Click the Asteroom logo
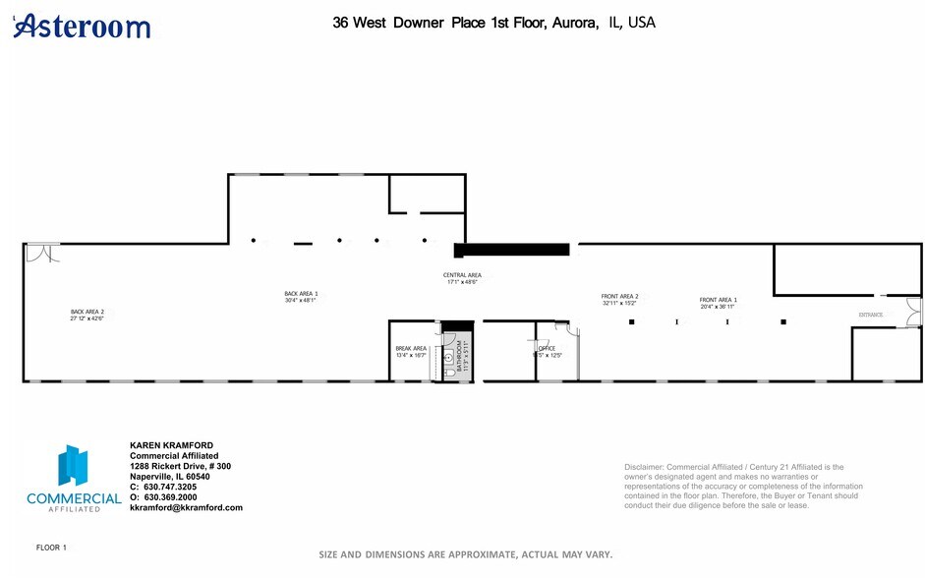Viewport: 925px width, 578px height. [83, 26]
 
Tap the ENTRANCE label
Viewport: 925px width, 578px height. [871, 316]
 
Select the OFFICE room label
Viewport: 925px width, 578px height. [548, 348]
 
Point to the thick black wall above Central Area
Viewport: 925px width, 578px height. [511, 250]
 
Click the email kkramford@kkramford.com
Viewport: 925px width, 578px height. [186, 507]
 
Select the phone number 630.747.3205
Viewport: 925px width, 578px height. [169, 487]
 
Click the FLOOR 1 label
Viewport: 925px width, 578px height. [51, 547]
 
